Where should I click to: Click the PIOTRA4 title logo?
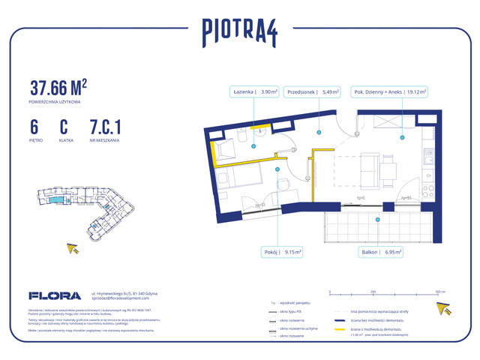(241, 31)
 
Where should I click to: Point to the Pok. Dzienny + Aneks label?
(389, 92)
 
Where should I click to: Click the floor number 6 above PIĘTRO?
(34, 126)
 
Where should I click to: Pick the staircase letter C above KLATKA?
(64, 126)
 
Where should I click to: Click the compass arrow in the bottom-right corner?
(445, 308)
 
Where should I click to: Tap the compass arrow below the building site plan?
(73, 249)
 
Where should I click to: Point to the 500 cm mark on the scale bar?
(441, 290)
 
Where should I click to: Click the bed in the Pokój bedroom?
(234, 178)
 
